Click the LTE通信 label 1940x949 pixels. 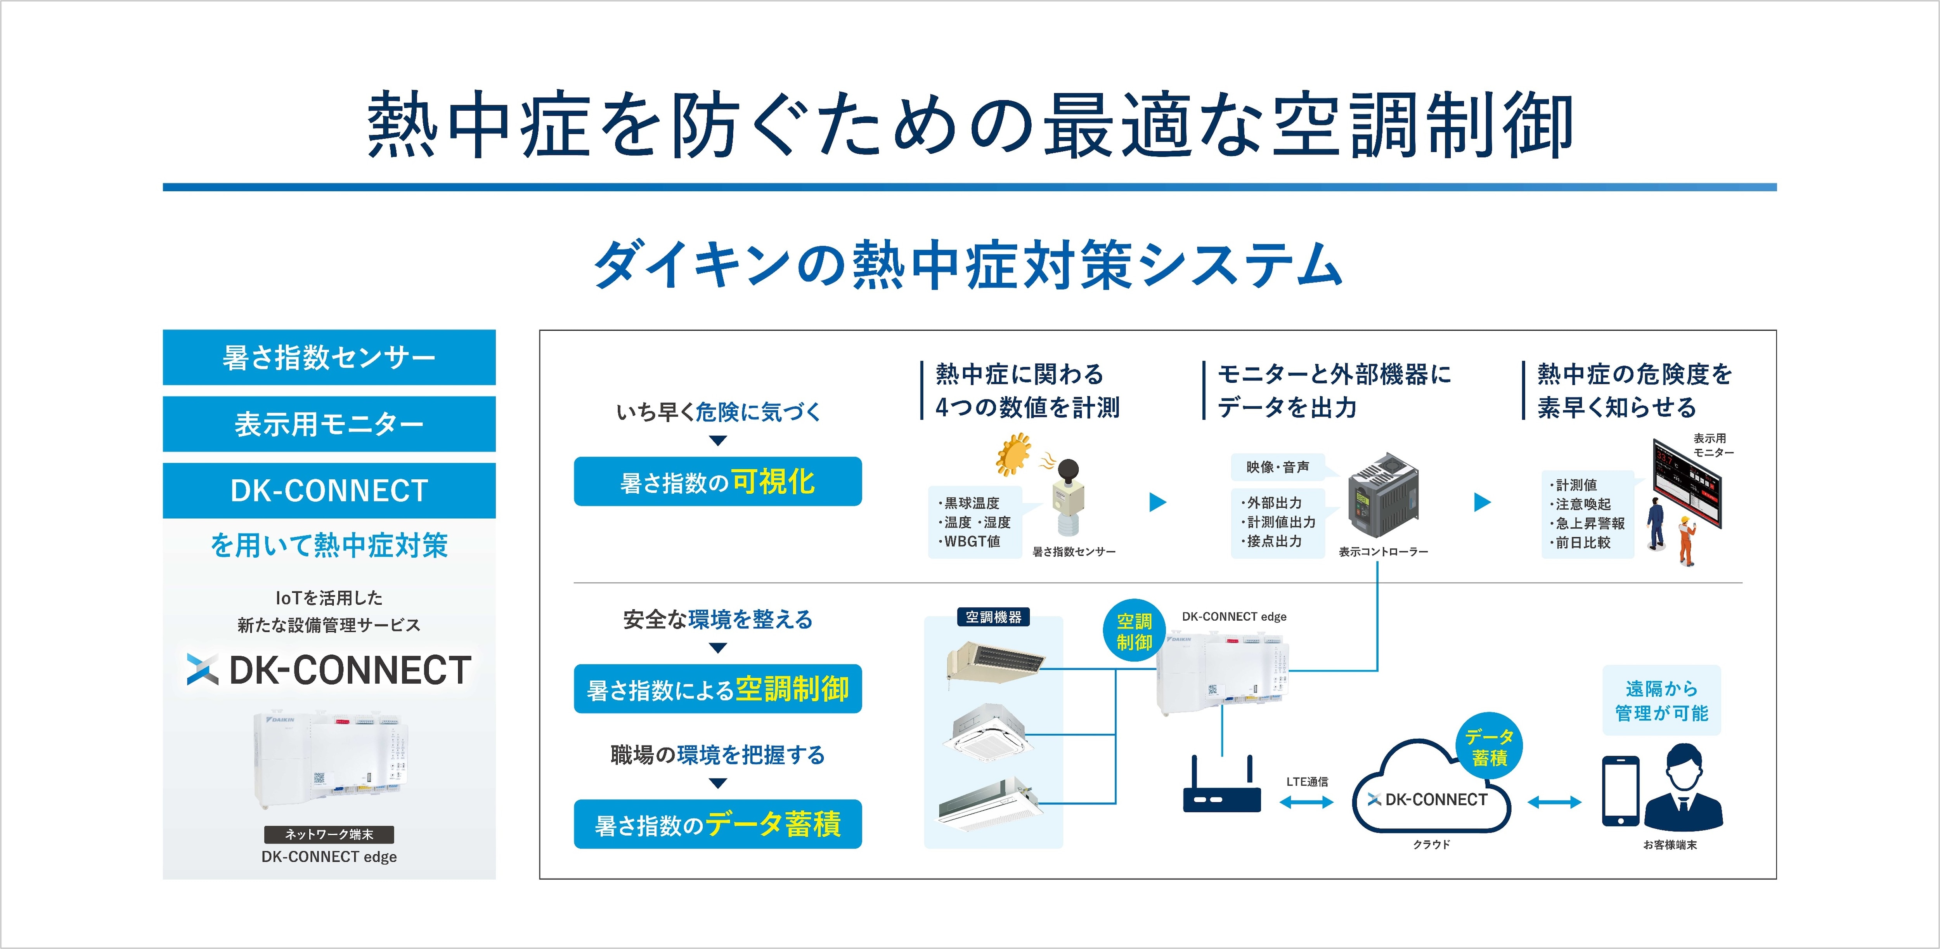point(1307,782)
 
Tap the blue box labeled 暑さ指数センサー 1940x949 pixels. point(329,357)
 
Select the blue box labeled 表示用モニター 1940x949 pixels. point(329,424)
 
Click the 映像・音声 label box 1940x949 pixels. point(1278,467)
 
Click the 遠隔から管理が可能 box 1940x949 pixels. point(1661,701)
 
